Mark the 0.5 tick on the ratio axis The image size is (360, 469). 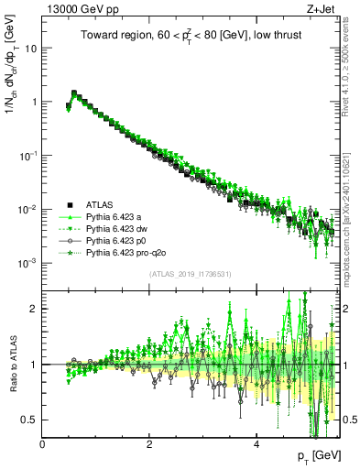30,420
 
